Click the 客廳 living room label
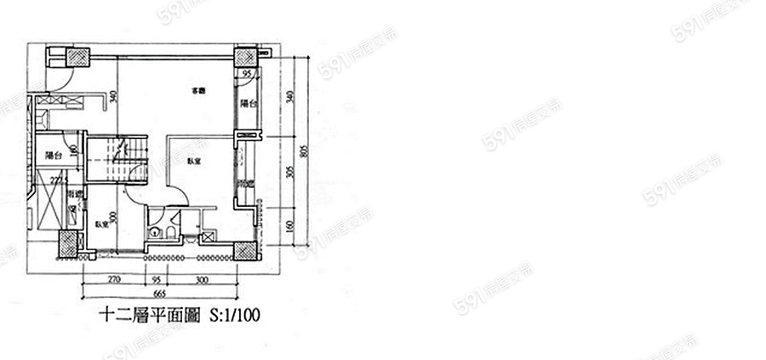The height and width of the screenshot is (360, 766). (x=198, y=90)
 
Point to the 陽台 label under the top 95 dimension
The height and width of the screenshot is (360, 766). (x=248, y=103)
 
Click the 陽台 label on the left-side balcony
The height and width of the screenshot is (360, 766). (x=54, y=156)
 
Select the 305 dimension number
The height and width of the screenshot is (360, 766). (x=289, y=172)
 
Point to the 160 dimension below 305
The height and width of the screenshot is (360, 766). (x=289, y=227)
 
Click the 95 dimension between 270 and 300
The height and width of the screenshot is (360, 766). (x=157, y=279)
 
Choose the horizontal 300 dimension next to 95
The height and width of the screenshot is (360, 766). (x=202, y=279)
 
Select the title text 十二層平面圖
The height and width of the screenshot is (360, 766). (x=149, y=315)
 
